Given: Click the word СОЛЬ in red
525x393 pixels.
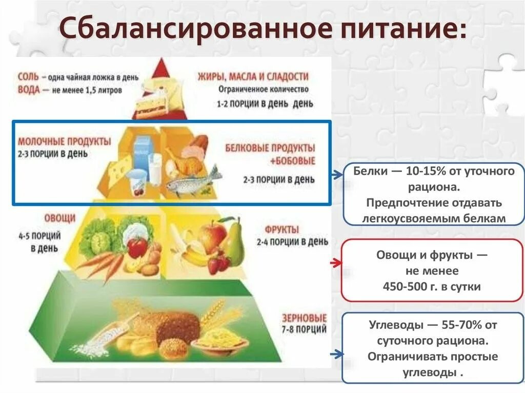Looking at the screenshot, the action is [x=29, y=77].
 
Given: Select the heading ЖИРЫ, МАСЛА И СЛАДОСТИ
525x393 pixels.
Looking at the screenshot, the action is [x=253, y=77].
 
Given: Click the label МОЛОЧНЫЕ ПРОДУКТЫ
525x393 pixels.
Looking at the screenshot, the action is [x=64, y=141].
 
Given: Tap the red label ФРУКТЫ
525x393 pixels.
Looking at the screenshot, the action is [x=282, y=229].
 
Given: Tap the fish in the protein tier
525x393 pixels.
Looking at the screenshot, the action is [x=192, y=183].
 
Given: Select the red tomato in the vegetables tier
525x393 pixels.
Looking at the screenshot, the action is [x=137, y=247].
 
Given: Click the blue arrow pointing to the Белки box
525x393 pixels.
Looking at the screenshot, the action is [x=336, y=175].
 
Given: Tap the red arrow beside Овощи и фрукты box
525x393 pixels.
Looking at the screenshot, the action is [x=336, y=263].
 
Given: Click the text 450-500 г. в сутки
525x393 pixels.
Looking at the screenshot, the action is [x=432, y=286].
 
